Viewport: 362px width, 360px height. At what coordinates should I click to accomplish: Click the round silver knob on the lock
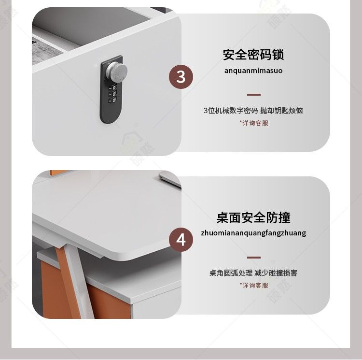(117, 71)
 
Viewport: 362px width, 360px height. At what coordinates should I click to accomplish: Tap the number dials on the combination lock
(112, 93)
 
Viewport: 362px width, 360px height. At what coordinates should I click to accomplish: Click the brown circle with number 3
(181, 77)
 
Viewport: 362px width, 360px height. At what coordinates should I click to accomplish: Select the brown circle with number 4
(181, 240)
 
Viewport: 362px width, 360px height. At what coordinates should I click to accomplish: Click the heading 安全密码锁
(253, 55)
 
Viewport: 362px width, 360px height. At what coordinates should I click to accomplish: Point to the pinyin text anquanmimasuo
(253, 71)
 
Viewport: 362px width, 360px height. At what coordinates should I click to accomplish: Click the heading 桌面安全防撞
(253, 217)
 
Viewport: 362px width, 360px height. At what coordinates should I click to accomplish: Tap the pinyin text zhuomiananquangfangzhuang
(253, 233)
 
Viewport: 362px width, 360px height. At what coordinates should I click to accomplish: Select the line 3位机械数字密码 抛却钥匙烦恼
(253, 111)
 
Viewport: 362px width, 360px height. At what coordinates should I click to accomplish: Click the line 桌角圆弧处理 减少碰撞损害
(253, 273)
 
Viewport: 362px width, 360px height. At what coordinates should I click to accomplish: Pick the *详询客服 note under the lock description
(254, 123)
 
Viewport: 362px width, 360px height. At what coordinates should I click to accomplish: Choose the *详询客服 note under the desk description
(254, 286)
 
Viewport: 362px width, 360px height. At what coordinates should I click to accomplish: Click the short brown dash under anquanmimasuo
(254, 95)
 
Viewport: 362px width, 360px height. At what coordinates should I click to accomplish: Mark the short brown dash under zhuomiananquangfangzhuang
(254, 258)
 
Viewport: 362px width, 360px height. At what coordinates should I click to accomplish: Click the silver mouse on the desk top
(170, 179)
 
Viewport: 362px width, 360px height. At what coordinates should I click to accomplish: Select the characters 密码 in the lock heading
(260, 55)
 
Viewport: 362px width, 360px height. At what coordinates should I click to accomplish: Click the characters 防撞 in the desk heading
(278, 217)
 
